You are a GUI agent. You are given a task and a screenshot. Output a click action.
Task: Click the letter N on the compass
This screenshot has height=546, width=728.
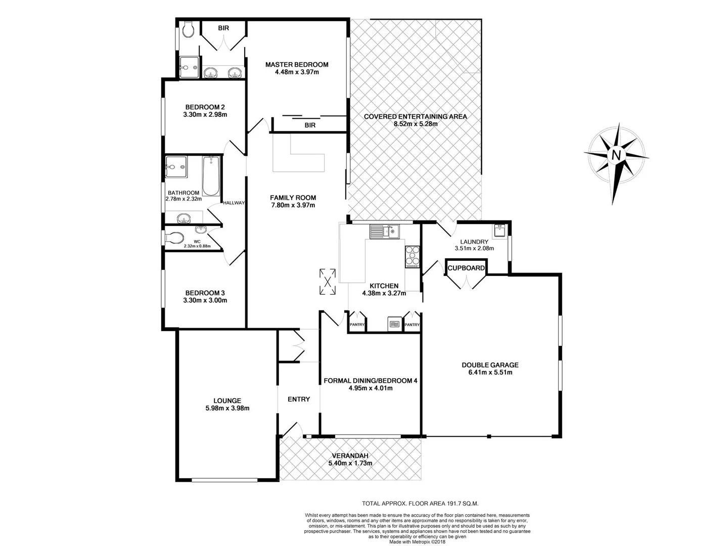click(616, 155)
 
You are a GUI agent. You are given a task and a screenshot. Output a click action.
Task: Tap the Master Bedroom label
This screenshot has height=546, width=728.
click(297, 65)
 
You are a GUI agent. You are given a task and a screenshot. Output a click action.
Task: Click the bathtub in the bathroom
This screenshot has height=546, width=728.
click(211, 176)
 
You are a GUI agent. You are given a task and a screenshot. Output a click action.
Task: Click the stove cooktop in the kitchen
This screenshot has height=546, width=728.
click(412, 256)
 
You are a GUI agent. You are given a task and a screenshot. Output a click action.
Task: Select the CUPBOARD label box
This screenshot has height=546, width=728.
click(466, 268)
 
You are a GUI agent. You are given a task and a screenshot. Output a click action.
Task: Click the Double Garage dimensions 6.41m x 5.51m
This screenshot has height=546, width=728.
click(490, 373)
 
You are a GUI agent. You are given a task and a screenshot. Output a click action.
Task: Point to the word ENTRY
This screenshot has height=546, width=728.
click(299, 399)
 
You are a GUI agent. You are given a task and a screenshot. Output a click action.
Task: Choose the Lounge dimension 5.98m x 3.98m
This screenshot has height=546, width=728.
click(227, 408)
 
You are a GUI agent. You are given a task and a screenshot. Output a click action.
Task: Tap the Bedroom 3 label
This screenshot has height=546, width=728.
click(205, 293)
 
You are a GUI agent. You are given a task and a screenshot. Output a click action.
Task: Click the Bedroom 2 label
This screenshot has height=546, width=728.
click(205, 107)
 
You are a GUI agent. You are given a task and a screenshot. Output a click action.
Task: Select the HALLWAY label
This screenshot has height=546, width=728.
click(234, 203)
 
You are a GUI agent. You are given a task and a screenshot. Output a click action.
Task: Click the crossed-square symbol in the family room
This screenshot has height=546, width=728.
click(328, 282)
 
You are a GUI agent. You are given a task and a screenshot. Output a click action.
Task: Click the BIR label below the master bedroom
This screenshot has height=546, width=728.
click(310, 125)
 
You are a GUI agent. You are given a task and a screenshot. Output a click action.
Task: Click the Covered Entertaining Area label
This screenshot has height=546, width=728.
click(415, 117)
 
